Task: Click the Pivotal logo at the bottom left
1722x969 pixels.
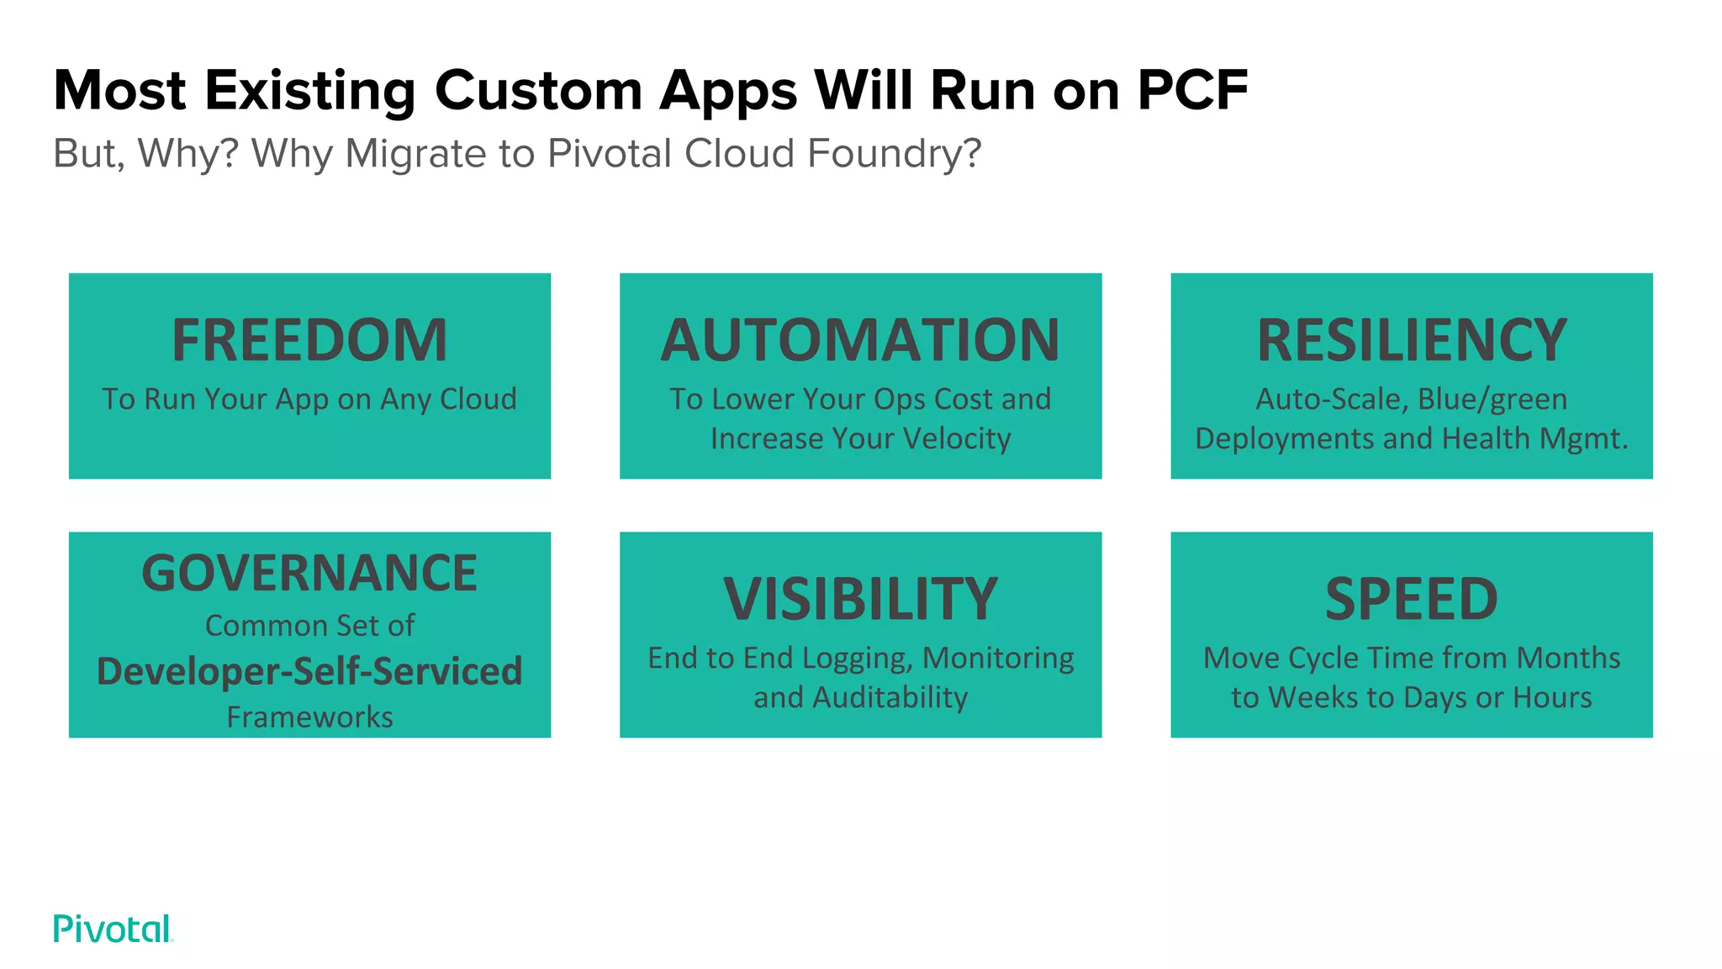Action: click(x=113, y=929)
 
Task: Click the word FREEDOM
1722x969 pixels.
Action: click(x=309, y=341)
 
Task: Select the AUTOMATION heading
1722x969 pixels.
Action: click(x=860, y=341)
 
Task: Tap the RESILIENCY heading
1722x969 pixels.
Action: click(x=1412, y=341)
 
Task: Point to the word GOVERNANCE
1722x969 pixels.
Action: click(x=309, y=574)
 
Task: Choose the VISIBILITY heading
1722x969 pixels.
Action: click(x=860, y=600)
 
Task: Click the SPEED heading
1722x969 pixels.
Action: click(x=1412, y=600)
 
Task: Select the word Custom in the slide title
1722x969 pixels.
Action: click(x=538, y=90)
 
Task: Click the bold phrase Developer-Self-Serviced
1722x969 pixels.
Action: click(x=309, y=671)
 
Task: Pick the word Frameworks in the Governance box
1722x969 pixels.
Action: click(x=309, y=717)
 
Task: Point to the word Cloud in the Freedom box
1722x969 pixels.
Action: click(x=478, y=400)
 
